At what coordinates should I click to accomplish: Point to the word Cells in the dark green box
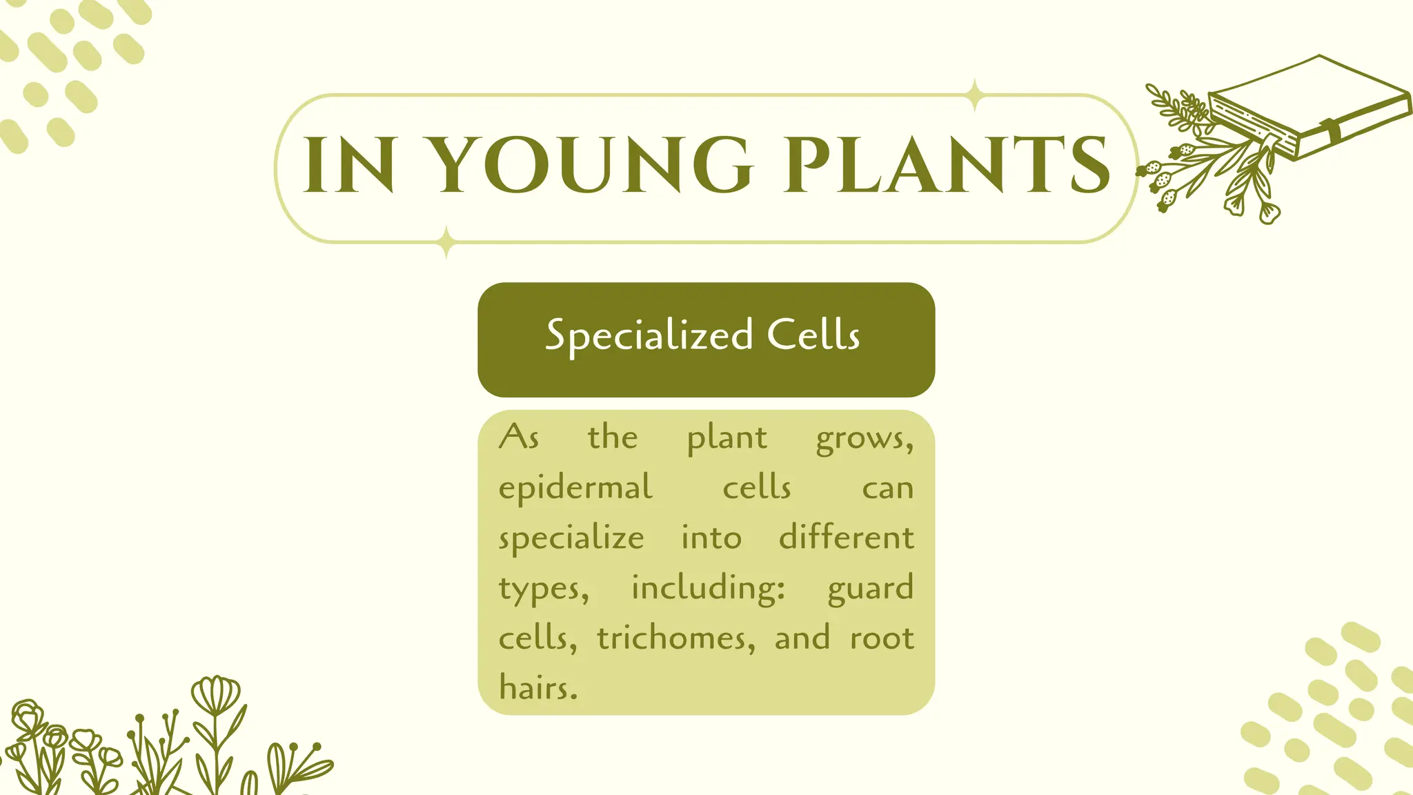tap(813, 335)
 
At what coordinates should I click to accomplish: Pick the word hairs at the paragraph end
tap(537, 688)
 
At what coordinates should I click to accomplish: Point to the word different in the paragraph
tap(847, 538)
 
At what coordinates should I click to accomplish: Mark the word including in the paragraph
tap(708, 589)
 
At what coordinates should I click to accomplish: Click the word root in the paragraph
tap(882, 638)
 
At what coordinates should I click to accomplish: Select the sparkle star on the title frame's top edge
tap(974, 95)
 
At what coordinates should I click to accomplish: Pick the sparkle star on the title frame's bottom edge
tap(446, 242)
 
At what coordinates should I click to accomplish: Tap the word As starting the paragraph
tap(519, 438)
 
